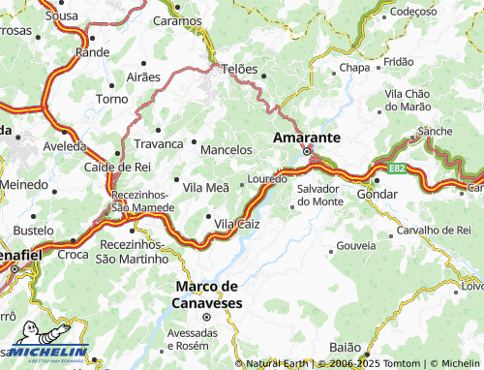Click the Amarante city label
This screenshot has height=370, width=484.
point(306,138)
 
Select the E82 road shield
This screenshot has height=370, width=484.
point(397,169)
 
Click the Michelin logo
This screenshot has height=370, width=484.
point(45,353)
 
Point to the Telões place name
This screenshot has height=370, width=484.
point(240,70)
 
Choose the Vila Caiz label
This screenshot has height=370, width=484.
point(236,224)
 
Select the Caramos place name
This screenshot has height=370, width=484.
point(177,19)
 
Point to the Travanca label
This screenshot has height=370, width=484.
point(157,143)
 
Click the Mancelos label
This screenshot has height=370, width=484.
point(226,150)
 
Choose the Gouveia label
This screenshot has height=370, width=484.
point(356,247)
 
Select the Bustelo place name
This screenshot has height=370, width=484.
point(34,231)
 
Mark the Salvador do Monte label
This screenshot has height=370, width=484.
point(319,195)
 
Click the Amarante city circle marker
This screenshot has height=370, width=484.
point(308,152)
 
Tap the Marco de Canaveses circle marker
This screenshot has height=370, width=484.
point(204,316)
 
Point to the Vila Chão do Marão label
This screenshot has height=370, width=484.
point(413,100)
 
